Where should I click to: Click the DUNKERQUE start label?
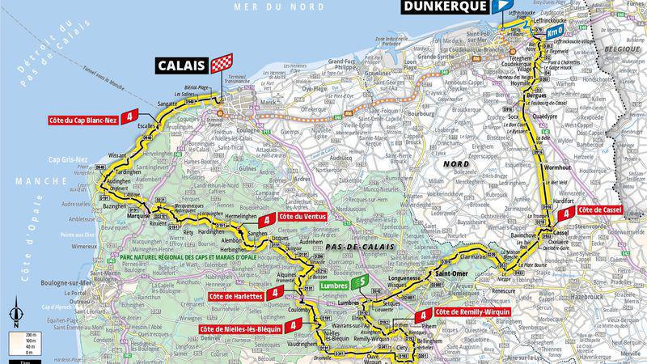point(444,6)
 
